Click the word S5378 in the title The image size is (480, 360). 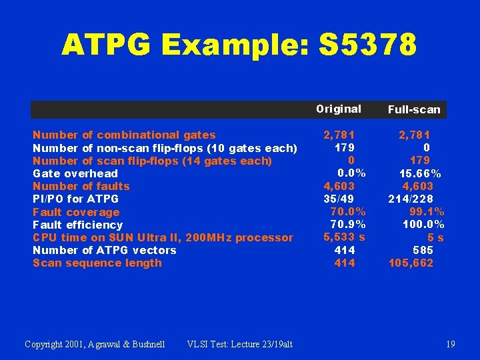[368, 45]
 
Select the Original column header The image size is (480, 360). [339, 109]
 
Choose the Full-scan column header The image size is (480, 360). [414, 109]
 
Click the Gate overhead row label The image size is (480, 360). [75, 173]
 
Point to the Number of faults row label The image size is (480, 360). [81, 186]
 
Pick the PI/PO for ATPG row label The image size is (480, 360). [76, 199]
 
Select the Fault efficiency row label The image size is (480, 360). [78, 225]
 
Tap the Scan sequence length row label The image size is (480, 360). [97, 263]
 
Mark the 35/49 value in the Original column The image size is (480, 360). [339, 199]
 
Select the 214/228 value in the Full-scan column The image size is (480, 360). [411, 199]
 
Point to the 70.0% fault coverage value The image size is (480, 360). [348, 212]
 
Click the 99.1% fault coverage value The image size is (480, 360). [427, 212]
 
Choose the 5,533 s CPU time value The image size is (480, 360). [344, 237]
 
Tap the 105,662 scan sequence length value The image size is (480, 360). [411, 263]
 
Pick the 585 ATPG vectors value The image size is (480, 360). [423, 250]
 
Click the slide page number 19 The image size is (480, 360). [451, 344]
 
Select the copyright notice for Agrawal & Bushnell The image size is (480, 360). [94, 344]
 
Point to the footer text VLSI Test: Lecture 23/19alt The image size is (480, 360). [240, 344]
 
